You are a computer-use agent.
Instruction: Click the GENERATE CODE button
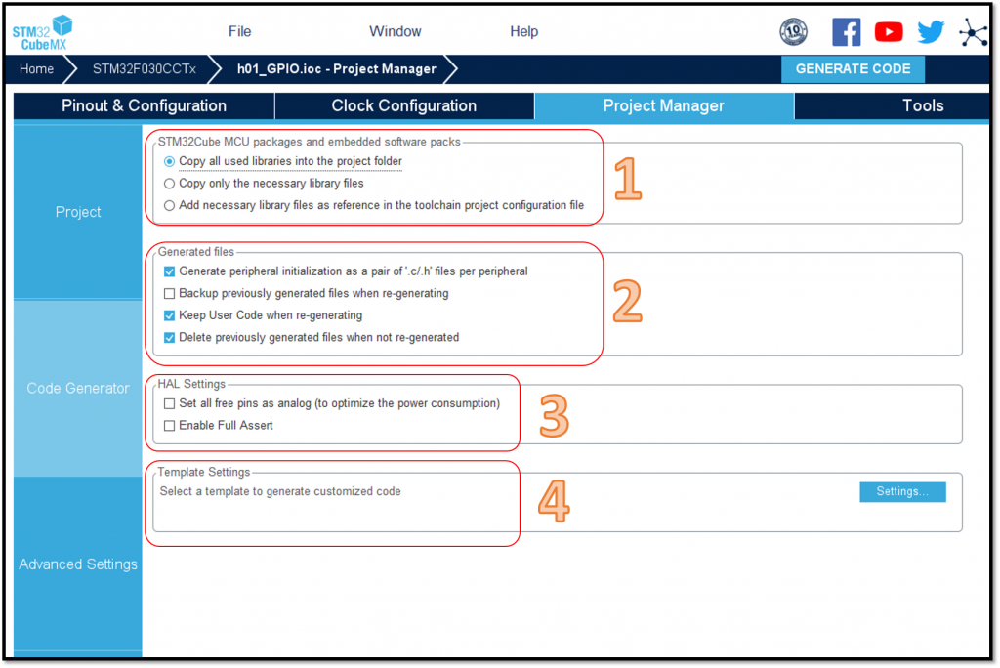tap(852, 69)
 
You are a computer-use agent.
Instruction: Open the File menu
tap(240, 31)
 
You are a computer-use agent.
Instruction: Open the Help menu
tap(523, 31)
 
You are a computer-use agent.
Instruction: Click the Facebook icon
tap(846, 31)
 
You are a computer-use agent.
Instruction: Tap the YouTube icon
tap(889, 31)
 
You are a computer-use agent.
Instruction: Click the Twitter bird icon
tap(931, 31)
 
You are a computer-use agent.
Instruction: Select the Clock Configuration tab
tap(403, 105)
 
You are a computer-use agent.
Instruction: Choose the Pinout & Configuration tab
tap(145, 105)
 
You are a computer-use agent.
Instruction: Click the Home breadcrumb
tap(36, 69)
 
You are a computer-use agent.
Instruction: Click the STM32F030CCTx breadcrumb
tap(145, 69)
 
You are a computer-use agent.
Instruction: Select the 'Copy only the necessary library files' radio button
tap(169, 184)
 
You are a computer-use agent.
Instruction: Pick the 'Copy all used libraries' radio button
tap(169, 161)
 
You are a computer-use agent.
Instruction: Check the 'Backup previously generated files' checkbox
tap(169, 294)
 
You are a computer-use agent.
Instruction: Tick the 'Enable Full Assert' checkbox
tap(169, 426)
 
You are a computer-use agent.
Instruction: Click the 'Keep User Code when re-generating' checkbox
tap(169, 315)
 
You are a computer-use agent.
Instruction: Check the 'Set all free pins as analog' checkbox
tap(169, 404)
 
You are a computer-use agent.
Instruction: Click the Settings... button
tap(902, 492)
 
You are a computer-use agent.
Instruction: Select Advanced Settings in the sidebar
tap(78, 564)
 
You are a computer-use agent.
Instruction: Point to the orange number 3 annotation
tap(554, 415)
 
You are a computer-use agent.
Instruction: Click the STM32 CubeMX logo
tap(42, 32)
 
